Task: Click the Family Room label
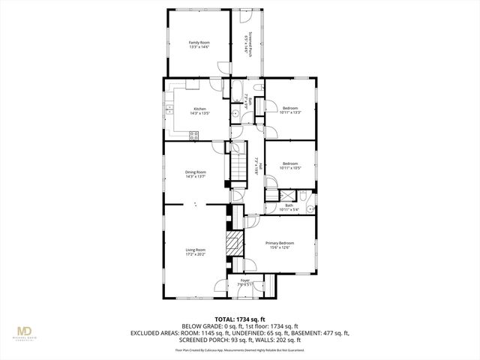point(199,43)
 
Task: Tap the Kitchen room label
point(199,109)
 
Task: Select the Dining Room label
point(196,172)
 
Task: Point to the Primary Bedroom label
point(280,243)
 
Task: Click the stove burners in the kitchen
point(194,136)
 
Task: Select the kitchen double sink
point(169,112)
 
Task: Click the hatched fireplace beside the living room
point(234,244)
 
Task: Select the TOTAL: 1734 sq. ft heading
point(239,319)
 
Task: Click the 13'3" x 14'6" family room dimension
point(199,47)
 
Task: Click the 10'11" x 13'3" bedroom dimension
point(290,112)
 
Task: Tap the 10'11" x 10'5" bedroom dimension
point(290,167)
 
